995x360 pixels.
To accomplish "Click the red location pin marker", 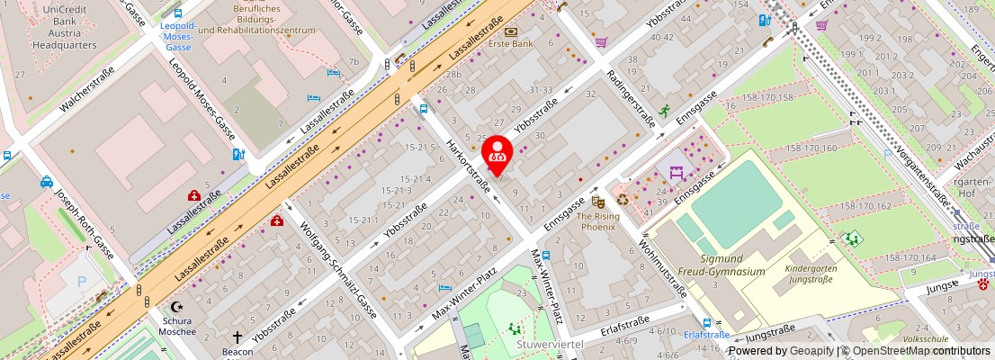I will (x=497, y=153).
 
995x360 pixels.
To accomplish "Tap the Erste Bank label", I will (x=510, y=43).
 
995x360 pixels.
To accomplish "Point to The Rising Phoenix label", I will (x=596, y=221).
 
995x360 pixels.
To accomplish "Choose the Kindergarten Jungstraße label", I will (x=810, y=274).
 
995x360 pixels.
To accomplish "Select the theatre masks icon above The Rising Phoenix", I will (x=596, y=203).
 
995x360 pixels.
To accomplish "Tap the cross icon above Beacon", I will (x=238, y=337).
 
